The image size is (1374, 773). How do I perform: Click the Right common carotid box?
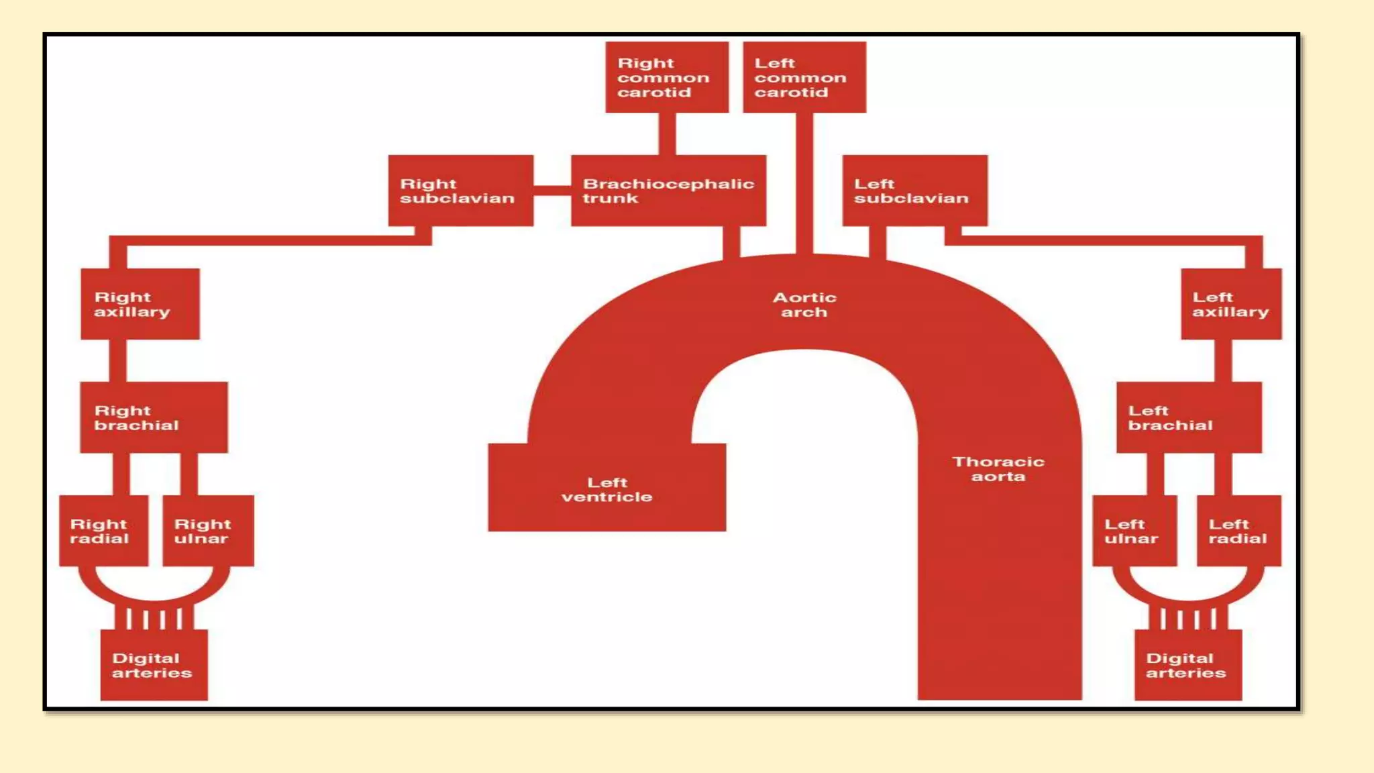pyautogui.click(x=666, y=77)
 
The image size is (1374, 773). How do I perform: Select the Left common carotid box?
pyautogui.click(x=804, y=77)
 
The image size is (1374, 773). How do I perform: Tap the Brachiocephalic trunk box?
pyautogui.click(x=668, y=191)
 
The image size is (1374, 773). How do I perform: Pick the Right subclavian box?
pyautogui.click(x=460, y=191)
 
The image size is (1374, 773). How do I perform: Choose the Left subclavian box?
pyautogui.click(x=914, y=191)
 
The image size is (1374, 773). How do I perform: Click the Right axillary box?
pyautogui.click(x=140, y=304)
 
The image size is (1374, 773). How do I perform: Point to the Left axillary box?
pyautogui.click(x=1230, y=304)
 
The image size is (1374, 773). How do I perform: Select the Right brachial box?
pyautogui.click(x=154, y=417)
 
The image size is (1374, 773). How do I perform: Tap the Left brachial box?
pyautogui.click(x=1188, y=417)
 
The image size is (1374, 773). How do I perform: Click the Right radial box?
pyautogui.click(x=103, y=531)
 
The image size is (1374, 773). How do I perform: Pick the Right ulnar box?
pyautogui.click(x=208, y=531)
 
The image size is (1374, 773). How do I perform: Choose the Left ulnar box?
pyautogui.click(x=1134, y=531)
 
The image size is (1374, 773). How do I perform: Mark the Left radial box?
pyautogui.click(x=1238, y=531)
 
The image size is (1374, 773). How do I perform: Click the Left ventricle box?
pyautogui.click(x=606, y=488)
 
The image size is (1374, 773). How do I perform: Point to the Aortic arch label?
pyautogui.click(x=804, y=305)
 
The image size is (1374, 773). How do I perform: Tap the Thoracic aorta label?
pyautogui.click(x=998, y=469)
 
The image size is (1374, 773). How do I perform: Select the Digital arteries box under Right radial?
pyautogui.click(x=154, y=665)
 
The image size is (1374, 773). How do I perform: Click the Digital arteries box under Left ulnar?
pyautogui.click(x=1187, y=665)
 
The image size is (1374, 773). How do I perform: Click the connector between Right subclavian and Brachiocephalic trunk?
pyautogui.click(x=552, y=191)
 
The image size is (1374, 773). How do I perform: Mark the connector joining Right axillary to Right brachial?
pyautogui.click(x=117, y=360)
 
